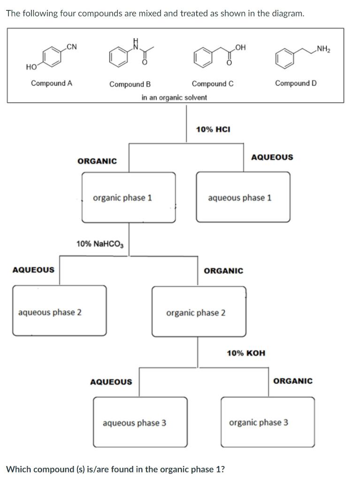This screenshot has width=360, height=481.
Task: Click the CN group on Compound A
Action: pyautogui.click(x=72, y=46)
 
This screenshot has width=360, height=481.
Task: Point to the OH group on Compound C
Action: pyautogui.click(x=241, y=47)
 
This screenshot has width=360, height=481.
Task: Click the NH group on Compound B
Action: pyautogui.click(x=136, y=43)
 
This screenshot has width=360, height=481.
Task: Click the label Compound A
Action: pyautogui.click(x=52, y=83)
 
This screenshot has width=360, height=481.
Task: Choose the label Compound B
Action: pyautogui.click(x=130, y=85)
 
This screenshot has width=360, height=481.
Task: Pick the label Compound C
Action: pyautogui.click(x=213, y=84)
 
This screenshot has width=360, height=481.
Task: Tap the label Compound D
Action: pyautogui.click(x=296, y=83)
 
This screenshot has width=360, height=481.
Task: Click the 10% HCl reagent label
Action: pyautogui.click(x=213, y=129)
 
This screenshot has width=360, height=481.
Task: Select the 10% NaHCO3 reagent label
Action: pyautogui.click(x=100, y=244)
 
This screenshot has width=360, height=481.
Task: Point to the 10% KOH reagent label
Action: pyautogui.click(x=245, y=353)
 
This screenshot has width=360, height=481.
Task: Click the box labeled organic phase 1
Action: pyautogui.click(x=129, y=197)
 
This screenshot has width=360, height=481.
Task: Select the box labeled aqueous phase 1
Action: pyautogui.click(x=243, y=197)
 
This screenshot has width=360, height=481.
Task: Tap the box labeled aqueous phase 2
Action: pyautogui.click(x=59, y=311)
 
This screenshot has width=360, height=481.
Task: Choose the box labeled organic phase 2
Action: pyautogui.click(x=199, y=312)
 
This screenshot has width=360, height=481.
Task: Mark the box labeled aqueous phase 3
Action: pyautogui.click(x=140, y=422)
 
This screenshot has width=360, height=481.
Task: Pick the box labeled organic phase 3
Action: pyautogui.click(x=268, y=422)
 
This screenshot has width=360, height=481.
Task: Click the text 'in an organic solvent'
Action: pyautogui.click(x=174, y=97)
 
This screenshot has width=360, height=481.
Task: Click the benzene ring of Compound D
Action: pyautogui.click(x=284, y=59)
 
